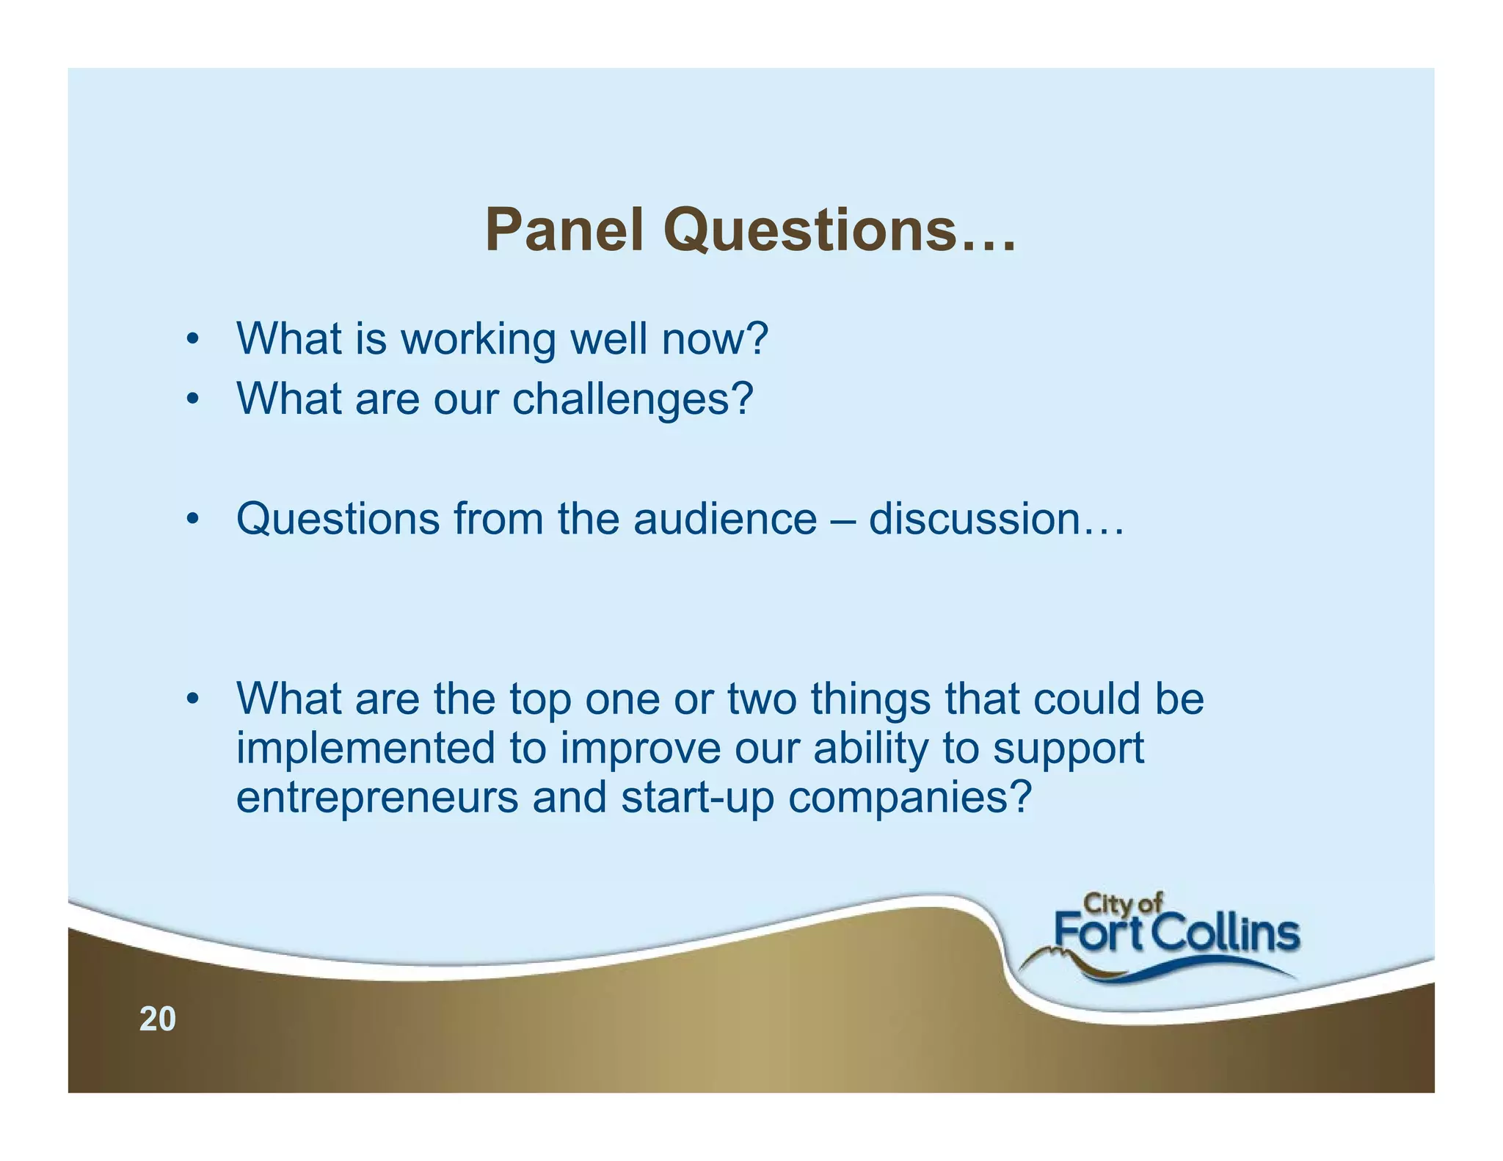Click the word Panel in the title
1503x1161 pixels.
pos(564,230)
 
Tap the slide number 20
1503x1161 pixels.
pos(158,1019)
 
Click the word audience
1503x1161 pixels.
pos(725,520)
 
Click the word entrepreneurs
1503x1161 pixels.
pos(376,798)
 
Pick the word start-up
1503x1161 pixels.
pos(697,798)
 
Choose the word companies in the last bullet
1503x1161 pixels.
pos(910,798)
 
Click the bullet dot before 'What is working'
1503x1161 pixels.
pos(192,340)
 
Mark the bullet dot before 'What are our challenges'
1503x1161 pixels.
pos(192,400)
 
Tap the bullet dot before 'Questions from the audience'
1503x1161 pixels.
pos(192,520)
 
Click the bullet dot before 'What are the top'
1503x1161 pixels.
pos(192,699)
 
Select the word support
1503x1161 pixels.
pos(1068,750)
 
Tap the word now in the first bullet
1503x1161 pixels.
pos(714,340)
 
